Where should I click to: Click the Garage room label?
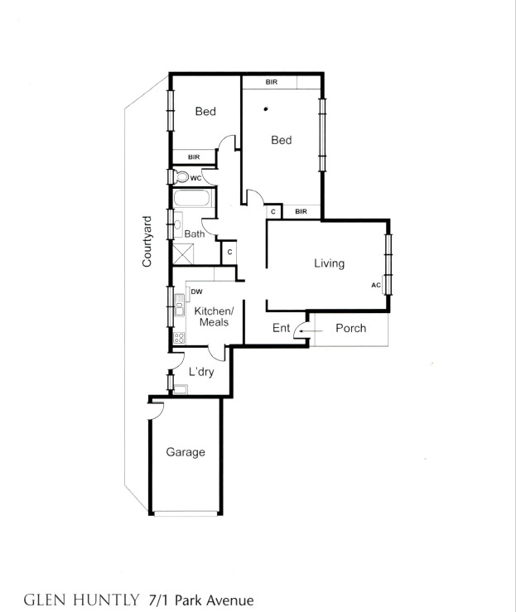click(x=186, y=452)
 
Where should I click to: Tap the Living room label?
click(x=329, y=263)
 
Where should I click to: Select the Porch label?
click(x=350, y=328)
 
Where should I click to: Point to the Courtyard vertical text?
click(x=147, y=241)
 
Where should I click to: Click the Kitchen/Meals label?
click(x=214, y=316)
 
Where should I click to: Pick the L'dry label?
click(x=201, y=372)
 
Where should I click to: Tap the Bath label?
click(x=195, y=234)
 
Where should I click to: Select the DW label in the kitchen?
click(x=197, y=292)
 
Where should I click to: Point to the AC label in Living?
click(x=376, y=285)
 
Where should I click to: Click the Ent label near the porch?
click(x=282, y=328)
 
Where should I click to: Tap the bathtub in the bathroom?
click(x=192, y=200)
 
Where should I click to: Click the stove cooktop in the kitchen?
click(x=179, y=337)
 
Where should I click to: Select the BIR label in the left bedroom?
click(x=194, y=157)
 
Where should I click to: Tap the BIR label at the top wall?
click(x=272, y=82)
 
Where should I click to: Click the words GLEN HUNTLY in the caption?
click(x=82, y=598)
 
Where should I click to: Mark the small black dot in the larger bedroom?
click(x=266, y=108)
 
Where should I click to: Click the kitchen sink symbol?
click(x=179, y=305)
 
